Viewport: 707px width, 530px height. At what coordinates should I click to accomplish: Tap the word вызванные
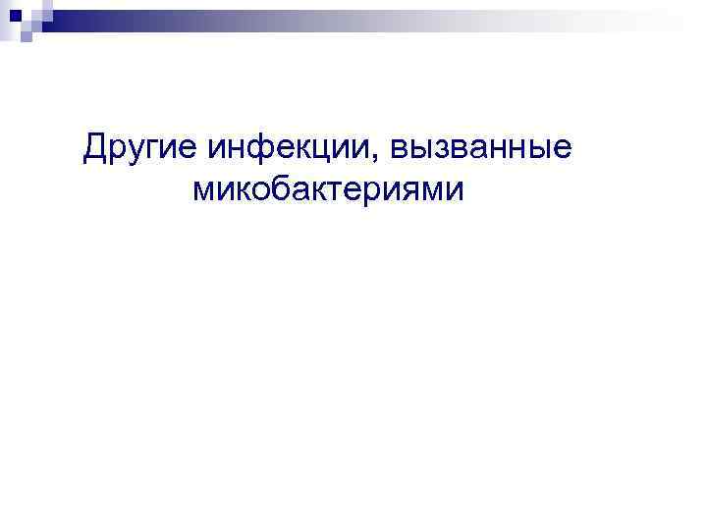(481, 149)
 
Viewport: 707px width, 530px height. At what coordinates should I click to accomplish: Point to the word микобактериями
(327, 189)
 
